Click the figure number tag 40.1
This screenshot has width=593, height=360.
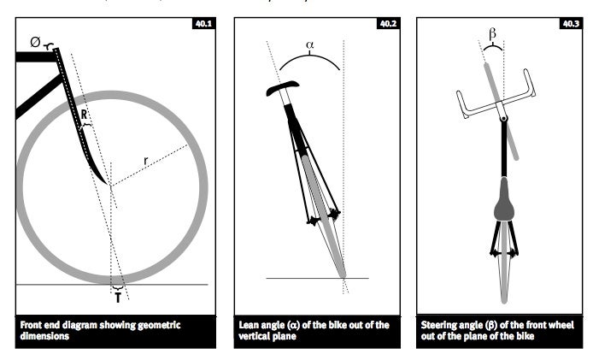click(x=204, y=24)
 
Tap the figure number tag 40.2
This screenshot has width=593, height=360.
click(x=388, y=24)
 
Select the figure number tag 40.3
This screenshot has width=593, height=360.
click(x=571, y=24)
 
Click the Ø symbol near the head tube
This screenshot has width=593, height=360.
click(x=35, y=42)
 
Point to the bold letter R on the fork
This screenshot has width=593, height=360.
click(x=84, y=114)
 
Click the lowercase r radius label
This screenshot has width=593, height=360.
click(x=146, y=161)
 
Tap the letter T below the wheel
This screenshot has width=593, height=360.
click(x=118, y=298)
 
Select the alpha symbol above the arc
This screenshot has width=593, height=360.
click(x=309, y=45)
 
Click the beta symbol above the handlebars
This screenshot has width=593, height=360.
click(x=492, y=34)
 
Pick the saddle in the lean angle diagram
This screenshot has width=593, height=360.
click(x=283, y=88)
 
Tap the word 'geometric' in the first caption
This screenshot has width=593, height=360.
click(x=159, y=326)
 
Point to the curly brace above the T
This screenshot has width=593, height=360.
click(x=118, y=289)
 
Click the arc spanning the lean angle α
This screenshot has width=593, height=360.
click(x=309, y=56)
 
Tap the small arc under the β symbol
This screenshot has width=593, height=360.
click(x=493, y=46)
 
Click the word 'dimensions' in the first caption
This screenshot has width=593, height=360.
click(x=44, y=337)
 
